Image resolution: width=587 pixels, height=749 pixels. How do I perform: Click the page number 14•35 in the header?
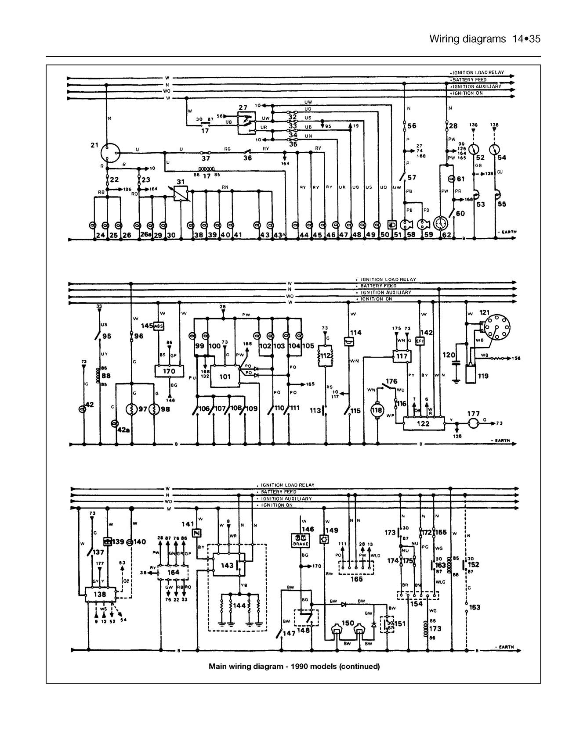(526, 39)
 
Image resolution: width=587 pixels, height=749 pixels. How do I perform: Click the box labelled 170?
(169, 371)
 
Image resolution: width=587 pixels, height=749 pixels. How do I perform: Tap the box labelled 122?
(423, 423)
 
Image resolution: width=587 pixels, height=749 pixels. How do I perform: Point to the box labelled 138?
(100, 594)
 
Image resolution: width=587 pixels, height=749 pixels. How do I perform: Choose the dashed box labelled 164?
(173, 573)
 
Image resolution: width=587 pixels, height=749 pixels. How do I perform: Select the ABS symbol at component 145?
(158, 326)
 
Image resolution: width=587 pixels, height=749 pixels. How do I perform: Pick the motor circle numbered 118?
(377, 410)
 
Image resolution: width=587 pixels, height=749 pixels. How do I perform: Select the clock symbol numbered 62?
(440, 223)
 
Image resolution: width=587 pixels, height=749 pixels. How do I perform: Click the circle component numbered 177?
(473, 423)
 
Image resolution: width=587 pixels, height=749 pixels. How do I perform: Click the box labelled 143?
(228, 565)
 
